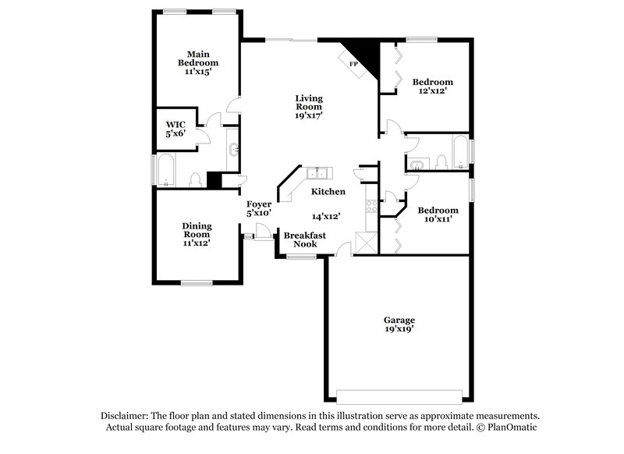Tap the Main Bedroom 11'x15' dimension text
pyautogui.click(x=198, y=72)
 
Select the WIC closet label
pyautogui.click(x=175, y=124)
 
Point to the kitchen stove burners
pyautogui.click(x=371, y=206)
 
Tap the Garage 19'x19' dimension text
pyautogui.click(x=398, y=330)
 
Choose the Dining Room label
pyautogui.click(x=197, y=229)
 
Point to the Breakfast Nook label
pyautogui.click(x=304, y=239)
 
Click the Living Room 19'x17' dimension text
pyautogui.click(x=309, y=115)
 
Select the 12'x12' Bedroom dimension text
pyautogui.click(x=432, y=91)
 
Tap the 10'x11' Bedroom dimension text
pyautogui.click(x=437, y=219)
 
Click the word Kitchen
pyautogui.click(x=328, y=192)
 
